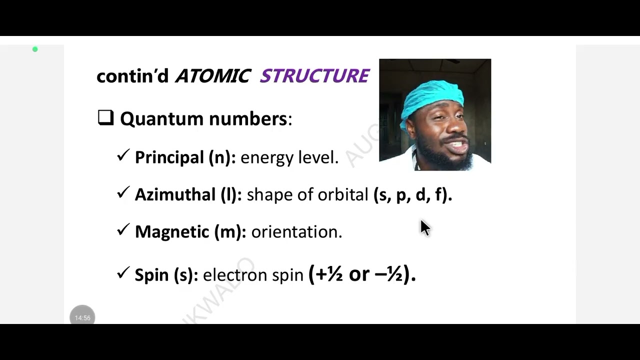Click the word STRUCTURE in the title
tap(314, 76)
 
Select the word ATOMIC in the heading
tap(212, 76)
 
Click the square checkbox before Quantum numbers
tap(105, 117)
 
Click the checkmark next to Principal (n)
tap(123, 155)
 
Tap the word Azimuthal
tap(175, 194)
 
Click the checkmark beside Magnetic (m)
tap(123, 229)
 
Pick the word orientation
tap(296, 231)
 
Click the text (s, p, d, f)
tap(412, 194)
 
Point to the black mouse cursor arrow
tap(424, 227)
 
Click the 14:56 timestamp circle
tap(82, 317)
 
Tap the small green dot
tap(35, 49)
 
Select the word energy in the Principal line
tap(267, 158)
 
